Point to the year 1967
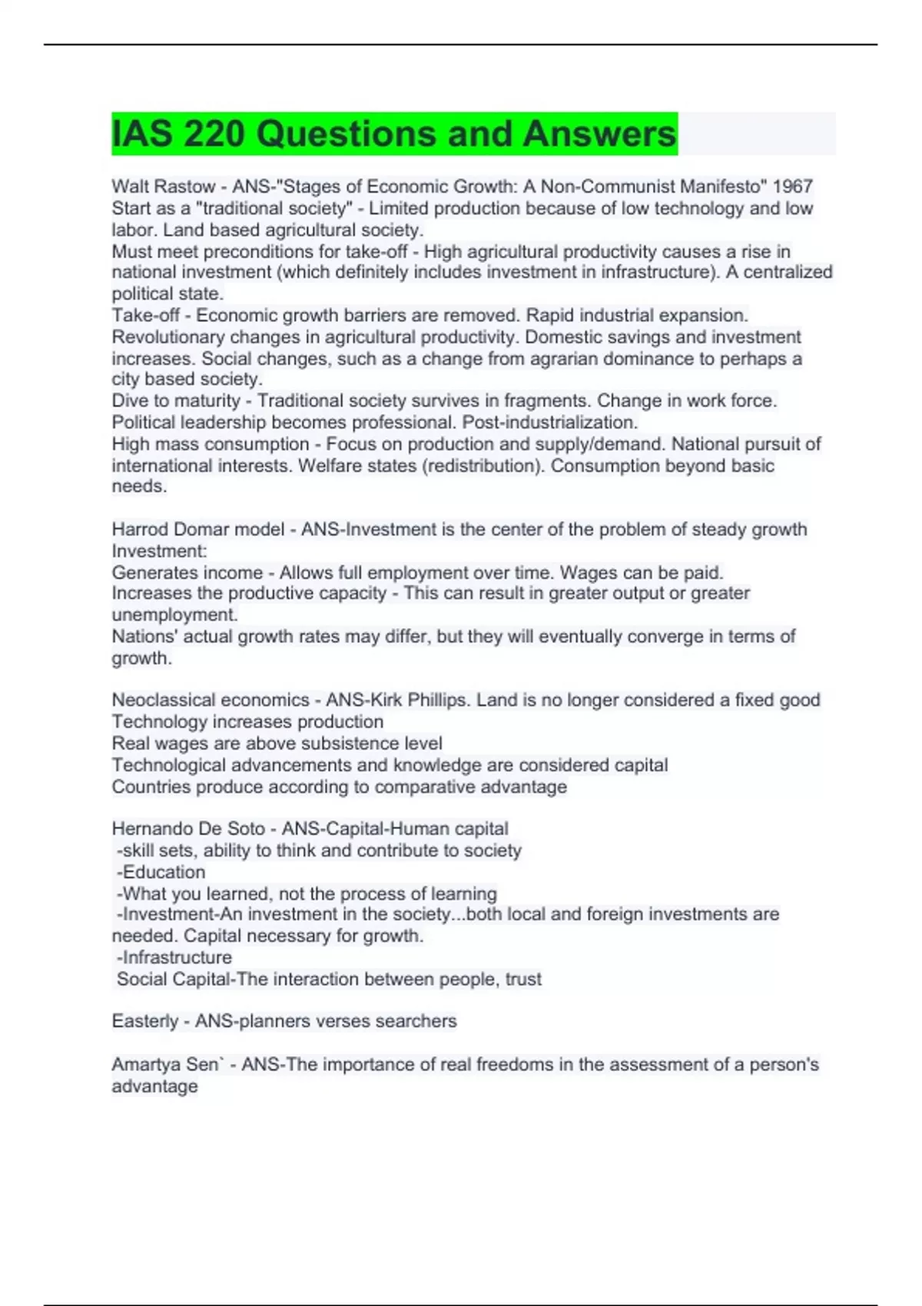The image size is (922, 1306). tap(792, 187)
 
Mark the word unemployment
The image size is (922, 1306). tap(174, 615)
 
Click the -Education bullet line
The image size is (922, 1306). tap(161, 872)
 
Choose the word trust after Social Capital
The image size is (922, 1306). tap(523, 979)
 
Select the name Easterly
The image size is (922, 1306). tap(144, 1021)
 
